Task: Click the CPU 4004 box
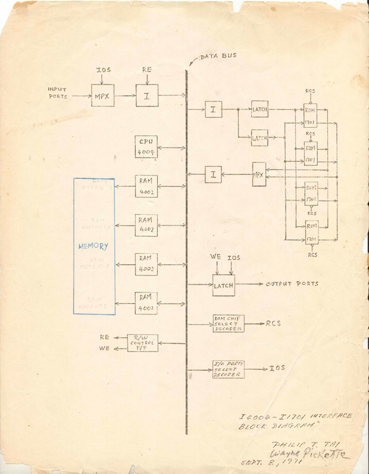[x=146, y=147]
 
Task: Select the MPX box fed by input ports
[x=102, y=96]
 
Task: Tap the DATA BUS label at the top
[x=218, y=56]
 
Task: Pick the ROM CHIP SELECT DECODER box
[x=228, y=324]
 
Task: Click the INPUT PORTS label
[x=58, y=92]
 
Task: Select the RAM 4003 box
[x=146, y=263]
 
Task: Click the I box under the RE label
[x=146, y=96]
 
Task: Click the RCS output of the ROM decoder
[x=273, y=324]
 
